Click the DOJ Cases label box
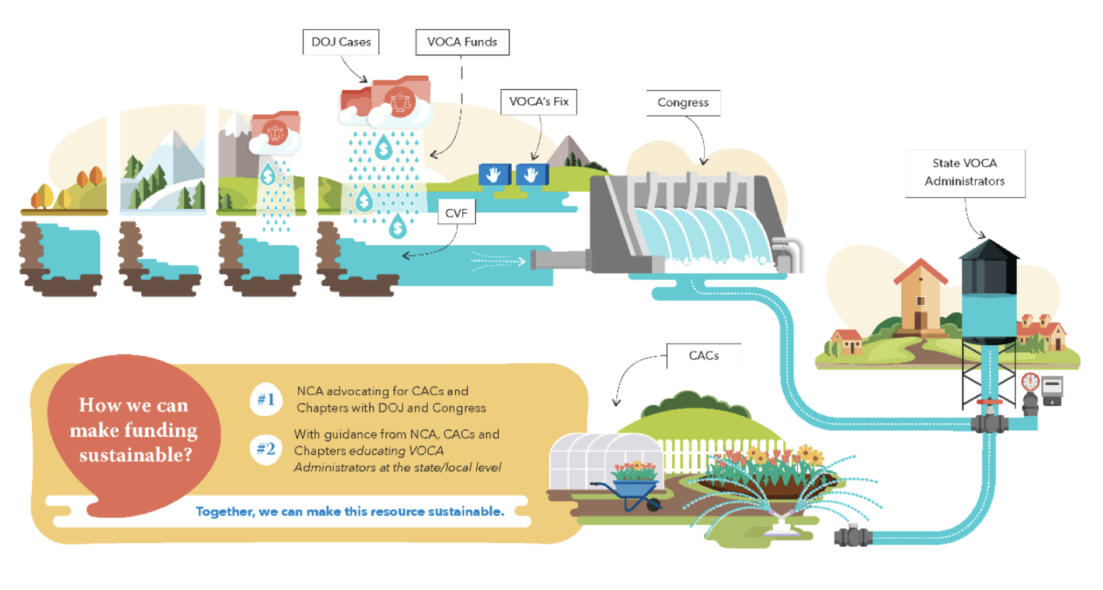pos(341,42)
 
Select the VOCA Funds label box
pos(462,42)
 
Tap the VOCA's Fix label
pos(539,102)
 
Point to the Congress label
pos(683,103)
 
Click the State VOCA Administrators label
pos(965,173)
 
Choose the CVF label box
pos(456,213)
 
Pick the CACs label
pos(704,356)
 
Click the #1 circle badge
pos(266,400)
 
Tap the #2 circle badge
pos(266,449)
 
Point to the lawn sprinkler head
pos(781,522)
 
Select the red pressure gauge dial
pos(1031,382)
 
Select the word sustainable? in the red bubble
pos(135,455)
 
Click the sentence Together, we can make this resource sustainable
pos(350,512)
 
